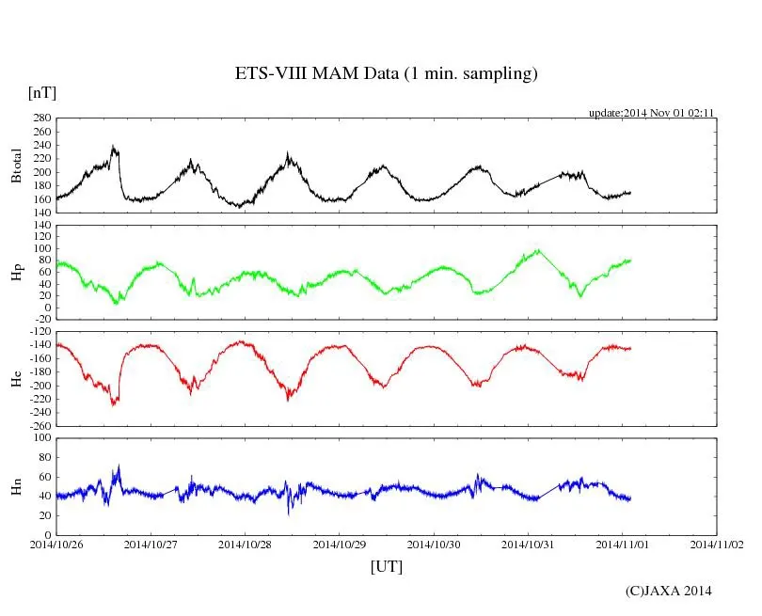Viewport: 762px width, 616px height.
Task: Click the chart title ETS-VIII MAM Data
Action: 386,74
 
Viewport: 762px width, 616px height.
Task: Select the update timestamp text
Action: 652,112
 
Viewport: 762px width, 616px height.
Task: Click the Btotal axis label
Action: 16,166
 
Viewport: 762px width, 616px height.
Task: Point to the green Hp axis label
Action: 16,272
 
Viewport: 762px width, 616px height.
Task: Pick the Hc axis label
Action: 16,378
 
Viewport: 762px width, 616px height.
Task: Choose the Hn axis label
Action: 16,485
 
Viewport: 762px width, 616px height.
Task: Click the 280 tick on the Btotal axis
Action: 41,118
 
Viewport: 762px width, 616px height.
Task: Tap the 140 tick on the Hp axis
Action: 41,225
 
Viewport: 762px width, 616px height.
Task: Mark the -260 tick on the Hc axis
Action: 39,425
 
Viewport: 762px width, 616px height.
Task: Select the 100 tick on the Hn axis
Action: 41,437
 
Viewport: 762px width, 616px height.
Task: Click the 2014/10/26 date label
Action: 56,544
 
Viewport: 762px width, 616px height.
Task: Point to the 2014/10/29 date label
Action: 340,544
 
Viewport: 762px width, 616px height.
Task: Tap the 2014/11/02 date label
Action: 717,544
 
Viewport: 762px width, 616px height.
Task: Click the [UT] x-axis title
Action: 387,566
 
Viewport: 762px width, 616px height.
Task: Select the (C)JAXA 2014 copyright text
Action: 668,591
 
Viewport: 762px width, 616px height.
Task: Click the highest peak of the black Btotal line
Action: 114,146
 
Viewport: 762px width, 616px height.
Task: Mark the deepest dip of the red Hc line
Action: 114,405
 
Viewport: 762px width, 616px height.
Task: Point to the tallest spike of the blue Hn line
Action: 119,465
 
